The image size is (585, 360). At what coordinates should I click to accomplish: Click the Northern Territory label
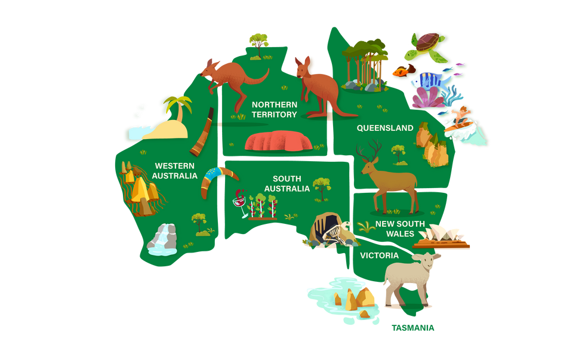274,109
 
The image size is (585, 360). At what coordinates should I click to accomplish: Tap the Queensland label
385,128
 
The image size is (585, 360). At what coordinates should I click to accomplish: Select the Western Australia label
174,171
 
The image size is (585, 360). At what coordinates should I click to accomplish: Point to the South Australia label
287,183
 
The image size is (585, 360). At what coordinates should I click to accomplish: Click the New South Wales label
400,229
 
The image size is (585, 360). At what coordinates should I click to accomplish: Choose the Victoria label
379,256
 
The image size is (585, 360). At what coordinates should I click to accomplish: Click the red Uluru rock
279,141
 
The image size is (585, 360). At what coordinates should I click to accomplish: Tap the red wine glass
241,204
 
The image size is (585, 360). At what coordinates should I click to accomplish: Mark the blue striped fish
429,79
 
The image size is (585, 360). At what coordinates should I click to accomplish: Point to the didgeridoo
203,133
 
